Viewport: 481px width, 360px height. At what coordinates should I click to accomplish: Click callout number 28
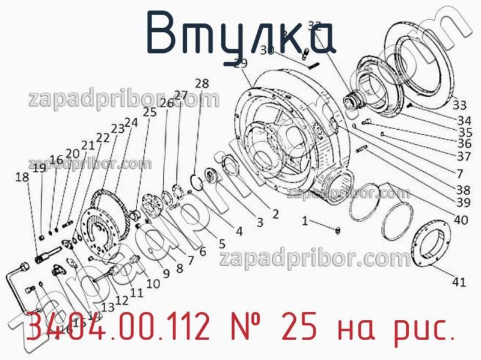(x=202, y=84)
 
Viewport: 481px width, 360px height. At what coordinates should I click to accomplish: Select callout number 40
(x=461, y=220)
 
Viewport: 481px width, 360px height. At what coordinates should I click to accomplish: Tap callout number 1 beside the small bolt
(x=305, y=221)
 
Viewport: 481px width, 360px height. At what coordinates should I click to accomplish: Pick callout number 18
(x=22, y=177)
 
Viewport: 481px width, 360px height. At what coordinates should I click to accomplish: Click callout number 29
(x=240, y=64)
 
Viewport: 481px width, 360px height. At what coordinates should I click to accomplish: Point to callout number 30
(x=268, y=51)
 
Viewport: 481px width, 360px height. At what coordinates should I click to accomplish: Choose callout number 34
(x=464, y=120)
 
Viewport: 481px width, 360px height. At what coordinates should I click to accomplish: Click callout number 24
(x=131, y=122)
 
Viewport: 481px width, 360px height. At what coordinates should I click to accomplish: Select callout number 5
(x=221, y=244)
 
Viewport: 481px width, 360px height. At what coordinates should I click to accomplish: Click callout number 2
(x=274, y=213)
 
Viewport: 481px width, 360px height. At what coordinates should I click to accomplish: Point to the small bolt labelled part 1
(x=337, y=230)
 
